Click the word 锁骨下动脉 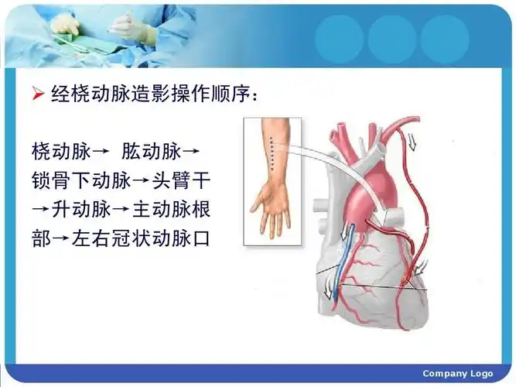[79, 180]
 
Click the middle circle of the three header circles [392, 39]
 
